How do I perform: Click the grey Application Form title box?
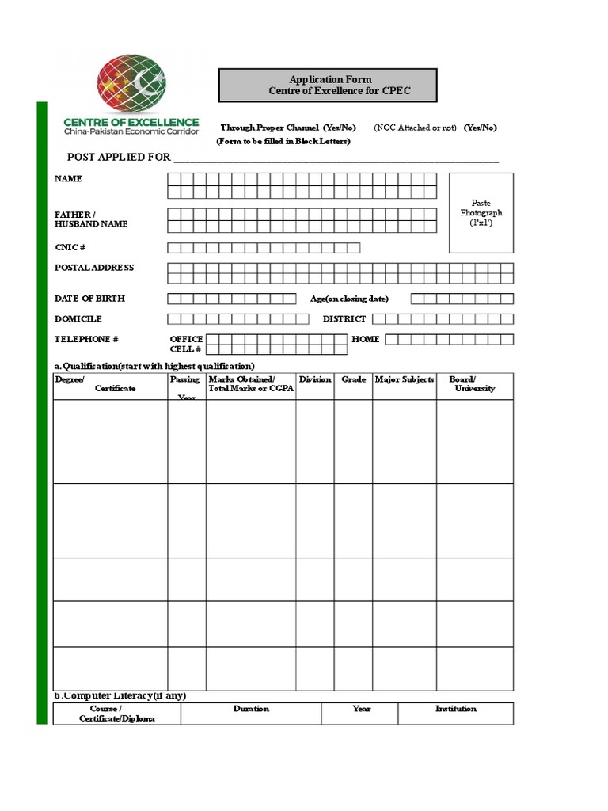[x=326, y=86]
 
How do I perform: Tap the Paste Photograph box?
[x=481, y=213]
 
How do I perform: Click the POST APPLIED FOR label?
[x=119, y=157]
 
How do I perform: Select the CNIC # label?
[x=70, y=248]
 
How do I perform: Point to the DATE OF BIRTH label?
[x=89, y=299]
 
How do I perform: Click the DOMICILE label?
[x=78, y=318]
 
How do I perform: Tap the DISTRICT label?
[x=344, y=318]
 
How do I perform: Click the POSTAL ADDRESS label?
[x=94, y=268]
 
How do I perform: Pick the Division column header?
[x=315, y=380]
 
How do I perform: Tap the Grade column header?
[x=353, y=380]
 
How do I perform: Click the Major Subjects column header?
[x=405, y=380]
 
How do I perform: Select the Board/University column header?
[x=474, y=384]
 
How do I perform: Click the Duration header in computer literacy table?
[x=251, y=709]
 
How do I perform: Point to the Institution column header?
[x=455, y=709]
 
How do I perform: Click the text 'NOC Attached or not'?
[x=416, y=128]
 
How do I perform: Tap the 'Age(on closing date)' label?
[x=349, y=299]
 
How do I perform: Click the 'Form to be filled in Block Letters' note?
[x=283, y=141]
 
